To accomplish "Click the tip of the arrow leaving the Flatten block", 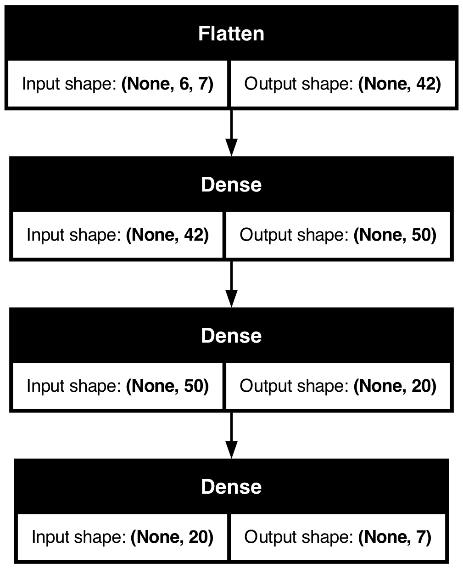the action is [231, 156].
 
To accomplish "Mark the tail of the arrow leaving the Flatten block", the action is [231, 110].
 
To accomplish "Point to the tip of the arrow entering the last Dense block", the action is [231, 458].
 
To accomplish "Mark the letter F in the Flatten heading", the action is [203, 34].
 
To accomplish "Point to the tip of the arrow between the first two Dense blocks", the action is [231, 307].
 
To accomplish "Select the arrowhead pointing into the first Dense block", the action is [231, 147].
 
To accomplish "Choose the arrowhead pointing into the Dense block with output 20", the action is [231, 299].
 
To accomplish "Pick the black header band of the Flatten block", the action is [231, 33].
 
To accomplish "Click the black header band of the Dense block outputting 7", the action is [231, 486].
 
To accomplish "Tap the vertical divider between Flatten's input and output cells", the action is [229, 84].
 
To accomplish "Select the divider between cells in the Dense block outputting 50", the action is [224, 235].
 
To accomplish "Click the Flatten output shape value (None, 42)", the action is [400, 84].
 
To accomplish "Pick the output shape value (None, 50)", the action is [395, 235].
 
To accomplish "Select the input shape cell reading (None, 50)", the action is [117, 386].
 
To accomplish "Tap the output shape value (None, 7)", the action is [395, 537].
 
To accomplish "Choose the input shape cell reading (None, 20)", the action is [123, 537].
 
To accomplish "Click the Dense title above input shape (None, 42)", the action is [231, 185].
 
